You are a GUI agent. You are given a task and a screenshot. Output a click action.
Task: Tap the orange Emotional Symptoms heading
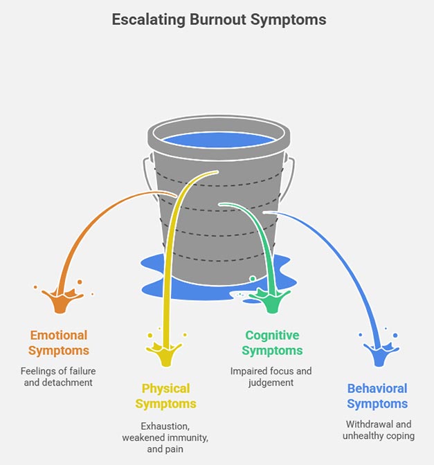coord(58,343)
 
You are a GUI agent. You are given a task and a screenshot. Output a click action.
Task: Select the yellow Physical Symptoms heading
coord(165,395)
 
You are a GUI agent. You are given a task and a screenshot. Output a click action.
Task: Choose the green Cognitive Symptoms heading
coord(271,343)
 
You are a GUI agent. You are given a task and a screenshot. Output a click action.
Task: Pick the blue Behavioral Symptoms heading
coord(377,395)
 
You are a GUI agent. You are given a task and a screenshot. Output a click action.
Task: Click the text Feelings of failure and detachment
coord(58,376)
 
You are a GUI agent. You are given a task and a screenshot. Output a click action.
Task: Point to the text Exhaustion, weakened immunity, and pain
coord(165,438)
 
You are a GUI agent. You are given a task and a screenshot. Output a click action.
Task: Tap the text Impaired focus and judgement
coord(271,376)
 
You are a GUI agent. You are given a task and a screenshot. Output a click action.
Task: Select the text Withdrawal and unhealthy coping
coord(377,429)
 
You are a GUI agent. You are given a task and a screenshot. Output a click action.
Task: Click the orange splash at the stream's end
coord(58,300)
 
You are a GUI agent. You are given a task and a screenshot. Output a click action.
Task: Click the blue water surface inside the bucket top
coord(218,139)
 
